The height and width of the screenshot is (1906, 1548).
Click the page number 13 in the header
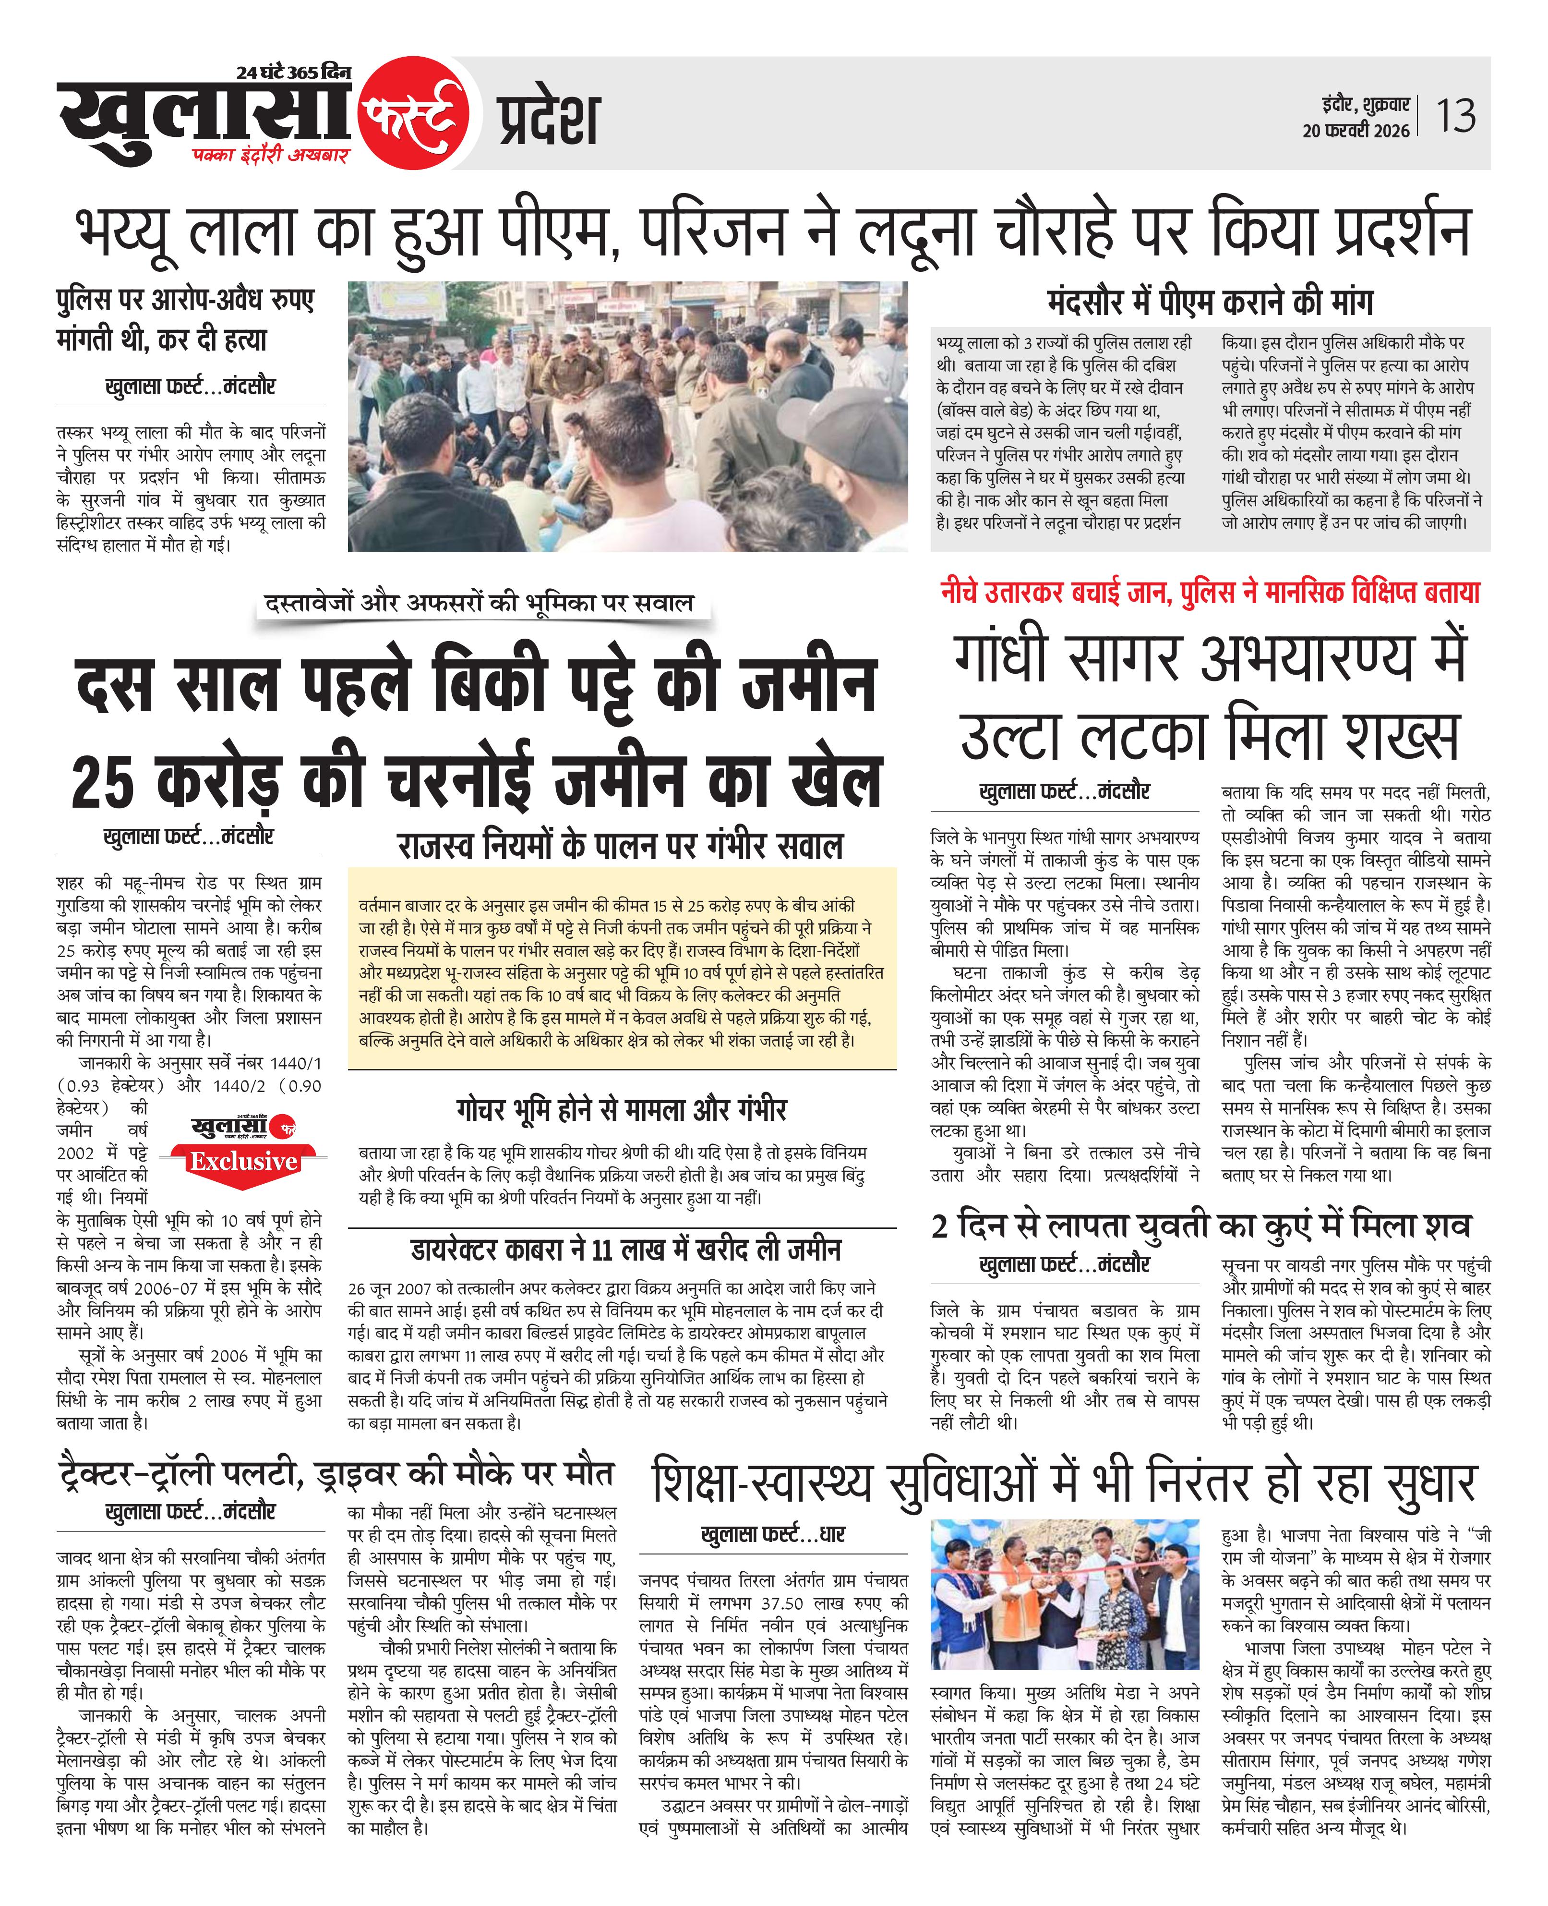coord(1455,117)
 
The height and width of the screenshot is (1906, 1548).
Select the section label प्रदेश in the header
coord(548,121)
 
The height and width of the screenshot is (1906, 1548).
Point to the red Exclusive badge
coord(242,1161)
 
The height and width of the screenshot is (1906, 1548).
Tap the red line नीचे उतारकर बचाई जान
coord(1056,592)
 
